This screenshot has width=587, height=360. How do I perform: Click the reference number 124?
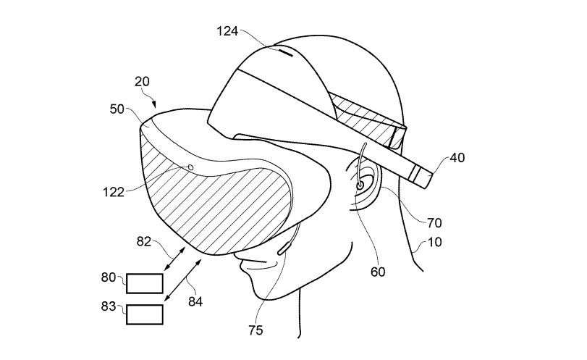(227, 31)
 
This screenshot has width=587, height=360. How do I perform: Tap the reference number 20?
(142, 82)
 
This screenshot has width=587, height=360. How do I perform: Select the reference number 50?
(117, 109)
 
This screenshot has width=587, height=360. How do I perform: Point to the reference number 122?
(114, 192)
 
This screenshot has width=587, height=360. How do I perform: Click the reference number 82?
(144, 242)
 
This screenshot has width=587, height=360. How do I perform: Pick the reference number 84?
(195, 301)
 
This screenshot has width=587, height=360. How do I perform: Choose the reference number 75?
(256, 330)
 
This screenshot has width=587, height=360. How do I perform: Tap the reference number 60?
(378, 272)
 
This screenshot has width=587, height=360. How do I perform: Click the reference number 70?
(434, 223)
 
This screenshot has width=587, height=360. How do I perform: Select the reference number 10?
(434, 242)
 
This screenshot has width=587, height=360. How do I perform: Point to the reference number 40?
(457, 158)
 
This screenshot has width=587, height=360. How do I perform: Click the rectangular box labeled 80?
(145, 283)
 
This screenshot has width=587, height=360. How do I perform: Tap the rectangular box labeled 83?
(145, 314)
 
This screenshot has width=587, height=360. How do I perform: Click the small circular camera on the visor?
(190, 167)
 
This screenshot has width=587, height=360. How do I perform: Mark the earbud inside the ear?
(360, 185)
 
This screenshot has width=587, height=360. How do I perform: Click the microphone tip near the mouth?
(284, 248)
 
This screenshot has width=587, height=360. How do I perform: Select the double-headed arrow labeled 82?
(175, 259)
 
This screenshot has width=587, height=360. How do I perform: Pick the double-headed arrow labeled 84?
(183, 280)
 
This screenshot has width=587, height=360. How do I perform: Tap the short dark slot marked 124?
(286, 53)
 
